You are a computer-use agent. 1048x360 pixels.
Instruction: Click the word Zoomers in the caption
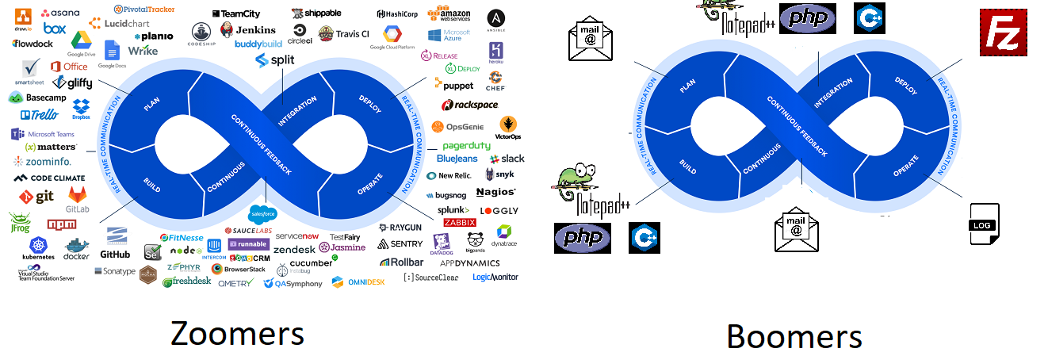point(237,333)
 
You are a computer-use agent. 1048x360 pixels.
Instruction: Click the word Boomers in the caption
point(794,336)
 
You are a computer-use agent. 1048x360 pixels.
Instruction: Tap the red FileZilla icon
point(1004,33)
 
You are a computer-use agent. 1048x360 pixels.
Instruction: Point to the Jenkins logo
point(245,30)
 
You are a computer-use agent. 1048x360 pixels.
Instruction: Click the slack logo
point(507,159)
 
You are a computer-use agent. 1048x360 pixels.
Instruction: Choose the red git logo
point(36,195)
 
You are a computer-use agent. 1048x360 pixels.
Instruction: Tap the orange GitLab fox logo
point(77,198)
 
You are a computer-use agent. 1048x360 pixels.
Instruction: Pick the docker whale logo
point(76,248)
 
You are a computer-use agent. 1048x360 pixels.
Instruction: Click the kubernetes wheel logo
point(38,247)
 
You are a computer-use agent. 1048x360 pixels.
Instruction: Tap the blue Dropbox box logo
point(80,109)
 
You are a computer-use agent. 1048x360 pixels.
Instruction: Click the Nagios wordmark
point(496,192)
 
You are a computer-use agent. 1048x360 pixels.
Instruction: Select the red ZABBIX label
point(459,222)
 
